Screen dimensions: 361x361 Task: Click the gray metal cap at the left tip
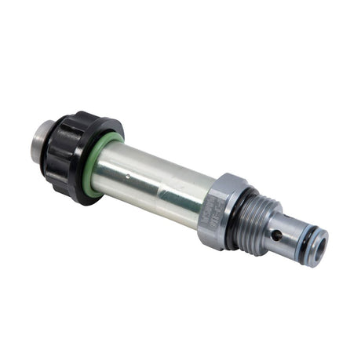(46, 140)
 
